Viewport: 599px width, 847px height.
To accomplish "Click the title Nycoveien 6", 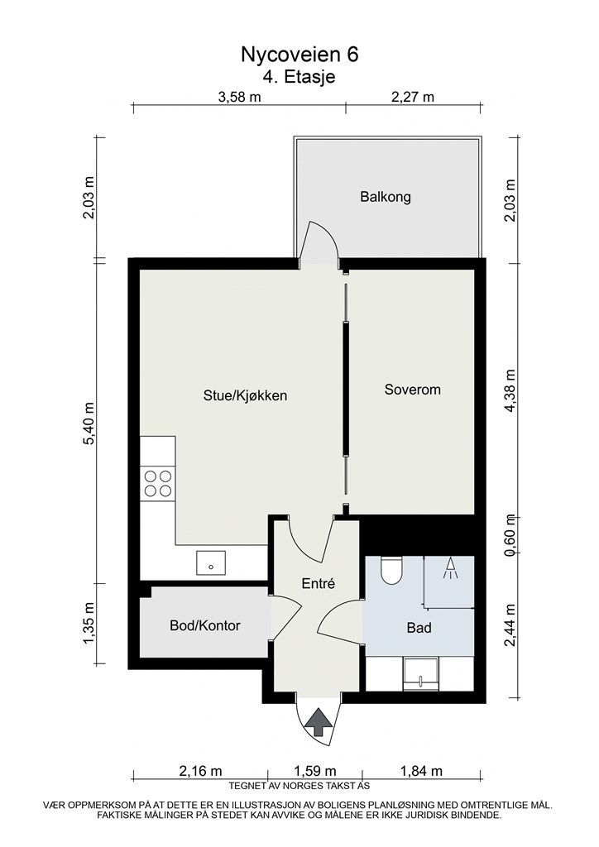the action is tap(299, 55).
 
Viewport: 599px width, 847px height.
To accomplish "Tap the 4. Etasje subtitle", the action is tap(299, 77).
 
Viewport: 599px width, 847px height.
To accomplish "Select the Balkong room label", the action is tap(385, 197).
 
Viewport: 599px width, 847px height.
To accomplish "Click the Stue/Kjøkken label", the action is tap(245, 395).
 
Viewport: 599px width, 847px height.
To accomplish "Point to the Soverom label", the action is tap(412, 390).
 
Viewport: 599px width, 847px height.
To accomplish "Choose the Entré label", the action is tap(319, 583).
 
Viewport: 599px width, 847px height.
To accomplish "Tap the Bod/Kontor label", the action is tap(204, 625).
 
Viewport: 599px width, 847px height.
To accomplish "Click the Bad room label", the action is tap(419, 628).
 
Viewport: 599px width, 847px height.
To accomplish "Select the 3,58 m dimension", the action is tap(239, 97).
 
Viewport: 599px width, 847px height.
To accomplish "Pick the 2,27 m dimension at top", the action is tap(413, 97).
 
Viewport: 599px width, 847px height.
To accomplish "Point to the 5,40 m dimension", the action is tap(89, 423).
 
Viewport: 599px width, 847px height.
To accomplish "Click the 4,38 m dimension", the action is tap(510, 390).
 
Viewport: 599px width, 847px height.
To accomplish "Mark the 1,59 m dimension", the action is tap(314, 771).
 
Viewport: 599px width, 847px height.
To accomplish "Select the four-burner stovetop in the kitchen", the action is tap(158, 483).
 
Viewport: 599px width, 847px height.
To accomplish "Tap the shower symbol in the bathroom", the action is tap(449, 569).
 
